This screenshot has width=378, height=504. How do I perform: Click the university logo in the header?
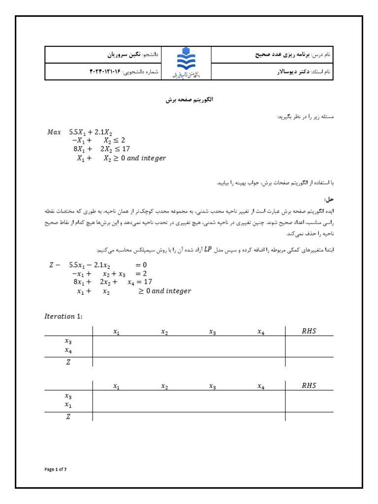point(186,63)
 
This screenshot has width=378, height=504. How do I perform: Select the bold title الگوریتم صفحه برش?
point(189,100)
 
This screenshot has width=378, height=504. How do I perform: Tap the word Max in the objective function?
point(54,132)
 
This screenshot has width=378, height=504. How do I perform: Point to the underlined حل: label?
point(328,199)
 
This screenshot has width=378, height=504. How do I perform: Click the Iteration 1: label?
point(63,316)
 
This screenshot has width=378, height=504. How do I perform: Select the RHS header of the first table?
point(309,331)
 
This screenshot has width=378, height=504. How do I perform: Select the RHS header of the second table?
point(309,386)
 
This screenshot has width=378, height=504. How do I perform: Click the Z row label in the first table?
point(68,362)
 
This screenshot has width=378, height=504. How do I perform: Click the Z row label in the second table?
point(68,416)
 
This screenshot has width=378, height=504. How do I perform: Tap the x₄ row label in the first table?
point(68,350)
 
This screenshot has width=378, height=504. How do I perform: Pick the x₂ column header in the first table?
point(164,332)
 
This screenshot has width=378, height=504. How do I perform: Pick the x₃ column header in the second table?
point(212,386)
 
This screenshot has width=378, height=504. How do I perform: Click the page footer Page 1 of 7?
point(55,470)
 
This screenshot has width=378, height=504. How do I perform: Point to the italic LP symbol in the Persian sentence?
point(208,250)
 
